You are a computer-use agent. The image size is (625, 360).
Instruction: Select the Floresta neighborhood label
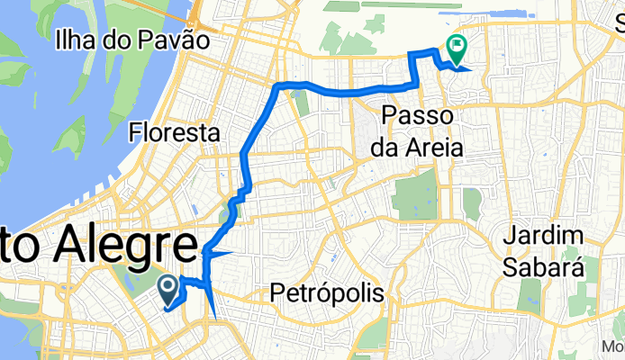(x=175, y=132)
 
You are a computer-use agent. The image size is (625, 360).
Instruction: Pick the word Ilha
(x=77, y=40)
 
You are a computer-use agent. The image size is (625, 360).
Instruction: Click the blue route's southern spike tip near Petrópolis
(x=216, y=318)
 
